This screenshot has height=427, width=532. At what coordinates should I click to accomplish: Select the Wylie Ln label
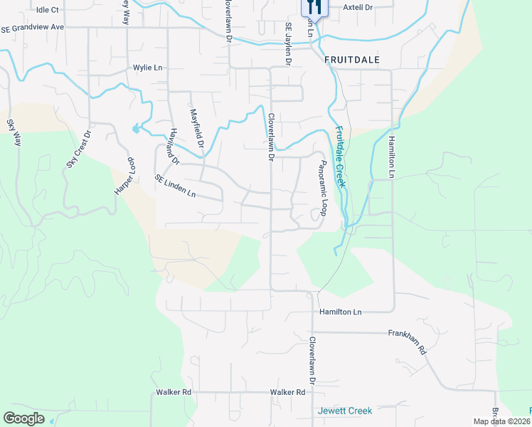tap(149, 68)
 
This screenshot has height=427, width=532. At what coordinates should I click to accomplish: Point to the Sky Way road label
tap(14, 133)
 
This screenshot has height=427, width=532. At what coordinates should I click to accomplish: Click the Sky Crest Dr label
tap(79, 149)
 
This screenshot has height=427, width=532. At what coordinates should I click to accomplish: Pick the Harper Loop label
tap(124, 176)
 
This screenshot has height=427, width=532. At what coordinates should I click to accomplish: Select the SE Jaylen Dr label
tap(289, 43)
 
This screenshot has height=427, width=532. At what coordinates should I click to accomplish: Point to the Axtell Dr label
tap(358, 7)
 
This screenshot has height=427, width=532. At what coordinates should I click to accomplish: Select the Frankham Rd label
tap(407, 342)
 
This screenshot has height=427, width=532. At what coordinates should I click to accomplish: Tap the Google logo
tap(23, 418)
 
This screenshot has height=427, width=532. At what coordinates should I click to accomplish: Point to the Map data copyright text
tap(502, 421)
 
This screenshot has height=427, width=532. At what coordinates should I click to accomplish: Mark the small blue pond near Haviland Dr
tap(135, 129)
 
